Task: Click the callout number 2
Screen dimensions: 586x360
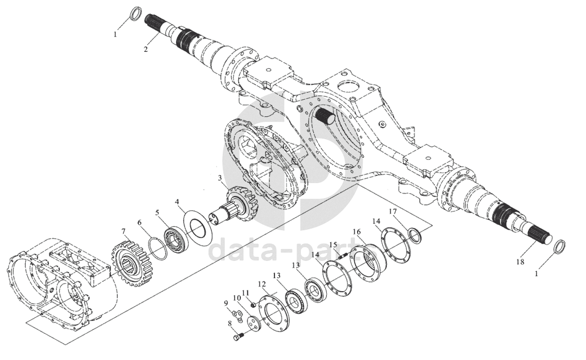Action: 146,49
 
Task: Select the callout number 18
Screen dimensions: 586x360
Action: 521,261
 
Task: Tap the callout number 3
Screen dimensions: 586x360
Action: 220,178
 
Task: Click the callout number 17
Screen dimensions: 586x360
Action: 392,211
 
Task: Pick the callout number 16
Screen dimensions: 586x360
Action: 357,232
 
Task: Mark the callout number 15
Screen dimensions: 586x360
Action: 333,245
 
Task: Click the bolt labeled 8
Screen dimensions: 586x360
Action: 237,338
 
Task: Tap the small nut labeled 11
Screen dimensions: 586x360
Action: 253,305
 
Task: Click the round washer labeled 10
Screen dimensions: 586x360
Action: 254,324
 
